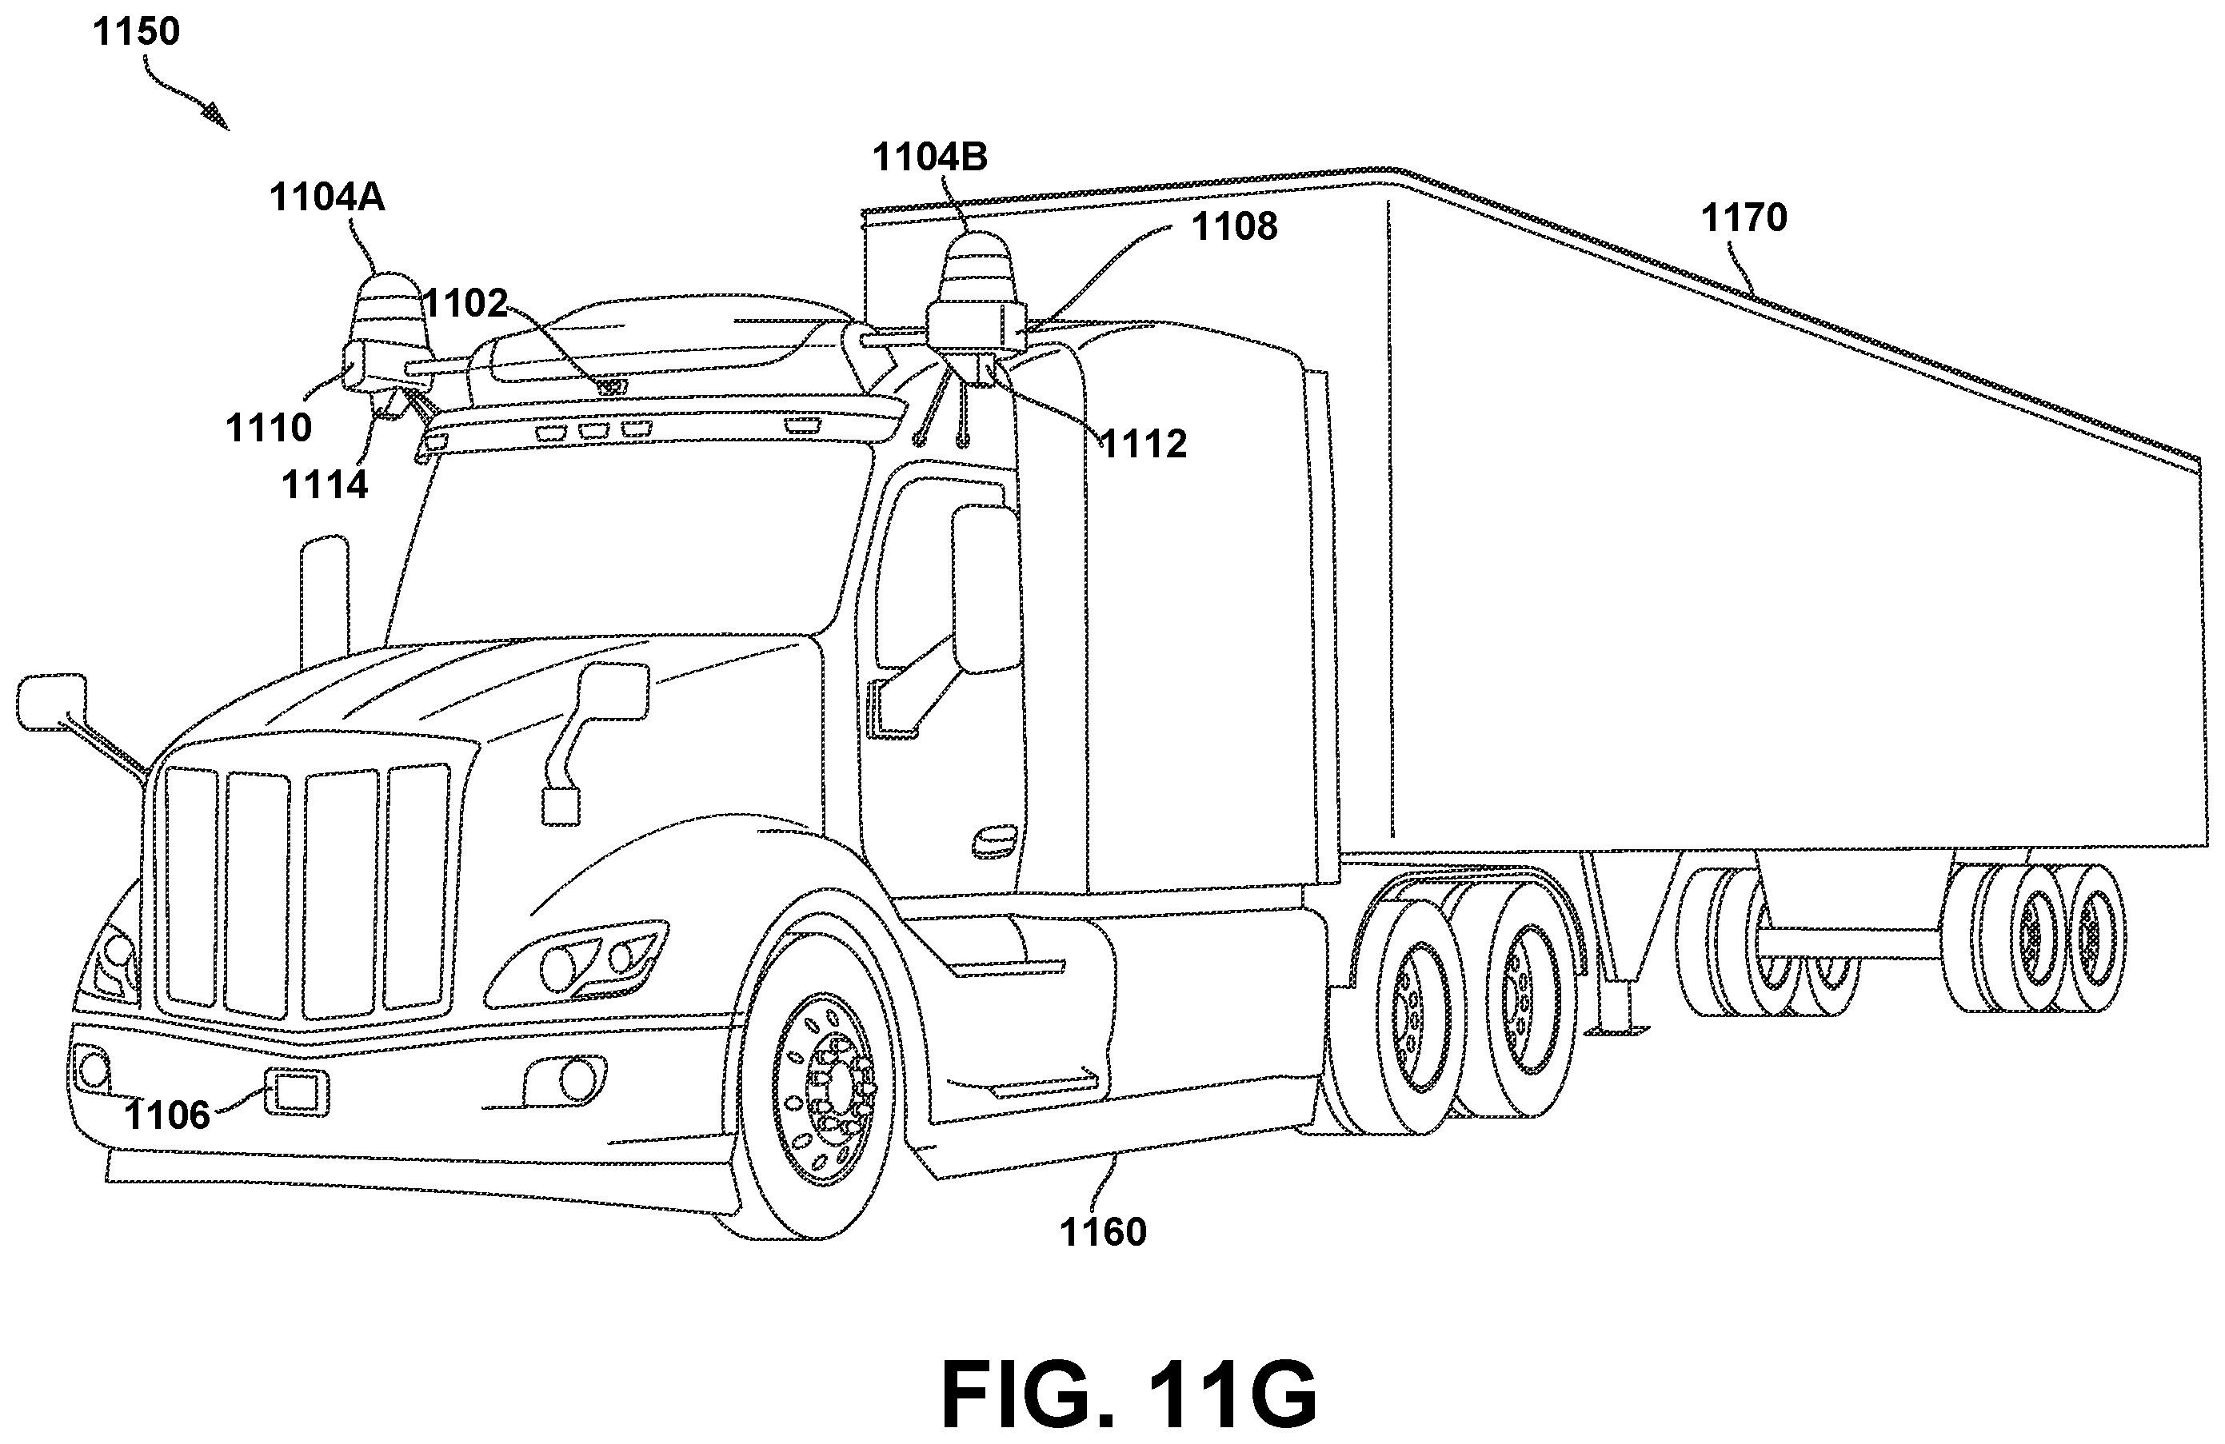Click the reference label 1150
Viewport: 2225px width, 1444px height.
pyautogui.click(x=137, y=32)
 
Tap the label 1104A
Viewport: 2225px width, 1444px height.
pyautogui.click(x=327, y=197)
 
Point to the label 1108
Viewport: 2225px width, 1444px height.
pyautogui.click(x=1234, y=226)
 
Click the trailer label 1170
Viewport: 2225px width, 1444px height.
pyautogui.click(x=1744, y=217)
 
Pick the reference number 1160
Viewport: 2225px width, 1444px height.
pyautogui.click(x=1103, y=1232)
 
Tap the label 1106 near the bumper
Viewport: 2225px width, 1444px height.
pyautogui.click(x=167, y=1115)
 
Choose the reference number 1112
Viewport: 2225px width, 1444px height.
pyautogui.click(x=1144, y=444)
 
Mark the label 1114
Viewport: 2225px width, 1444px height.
pyautogui.click(x=325, y=485)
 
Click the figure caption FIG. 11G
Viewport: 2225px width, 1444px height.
pyautogui.click(x=1129, y=1394)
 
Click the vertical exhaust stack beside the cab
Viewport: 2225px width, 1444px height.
pyautogui.click(x=325, y=598)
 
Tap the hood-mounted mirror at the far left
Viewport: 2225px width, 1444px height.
pyautogui.click(x=51, y=702)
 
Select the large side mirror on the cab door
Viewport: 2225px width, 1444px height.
pyautogui.click(x=985, y=588)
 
